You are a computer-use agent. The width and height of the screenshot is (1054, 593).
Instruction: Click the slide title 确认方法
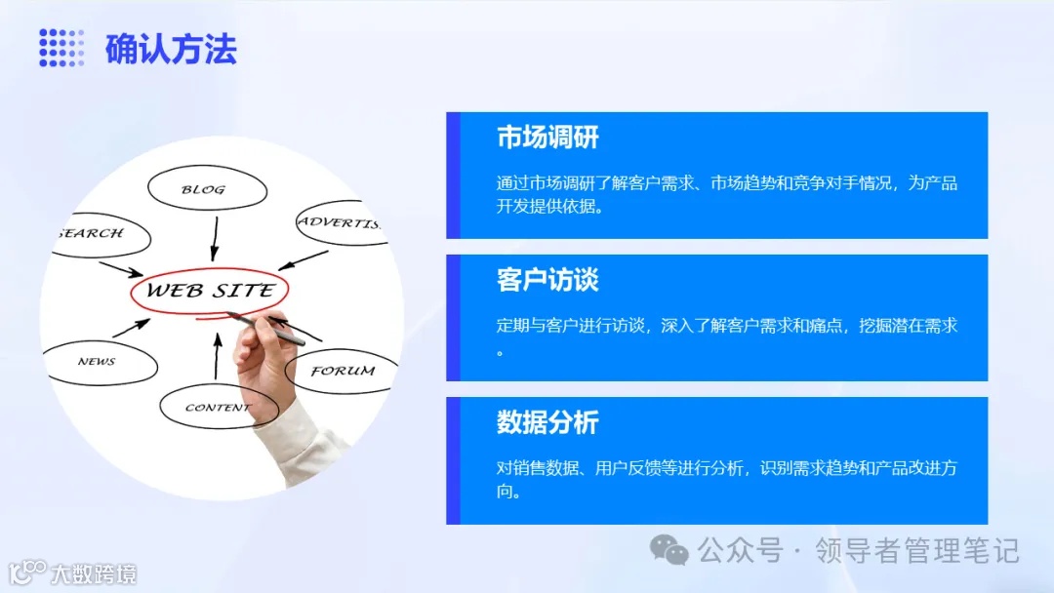coord(171,49)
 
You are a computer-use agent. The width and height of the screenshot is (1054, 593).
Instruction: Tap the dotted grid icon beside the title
coord(61,48)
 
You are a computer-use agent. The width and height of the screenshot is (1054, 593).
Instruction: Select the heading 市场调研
coord(547,138)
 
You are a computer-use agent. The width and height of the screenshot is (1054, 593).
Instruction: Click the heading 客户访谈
coord(547,280)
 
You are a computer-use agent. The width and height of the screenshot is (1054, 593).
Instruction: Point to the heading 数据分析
coord(547,422)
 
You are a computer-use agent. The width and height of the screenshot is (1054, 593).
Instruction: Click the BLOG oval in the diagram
coord(205,189)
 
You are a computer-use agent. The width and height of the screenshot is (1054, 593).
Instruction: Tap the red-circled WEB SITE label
coord(209,291)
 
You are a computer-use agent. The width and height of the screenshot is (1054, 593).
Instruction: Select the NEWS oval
coord(98,362)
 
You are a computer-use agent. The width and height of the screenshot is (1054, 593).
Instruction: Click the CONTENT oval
coord(217,408)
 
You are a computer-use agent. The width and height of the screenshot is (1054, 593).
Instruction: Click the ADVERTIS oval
coord(338,223)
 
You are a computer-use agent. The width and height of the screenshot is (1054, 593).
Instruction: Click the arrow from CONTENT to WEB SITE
coord(217,356)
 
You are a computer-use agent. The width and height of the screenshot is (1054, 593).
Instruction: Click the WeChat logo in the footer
coord(669,551)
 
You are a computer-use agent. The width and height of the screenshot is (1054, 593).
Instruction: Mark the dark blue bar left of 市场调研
coord(453,176)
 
